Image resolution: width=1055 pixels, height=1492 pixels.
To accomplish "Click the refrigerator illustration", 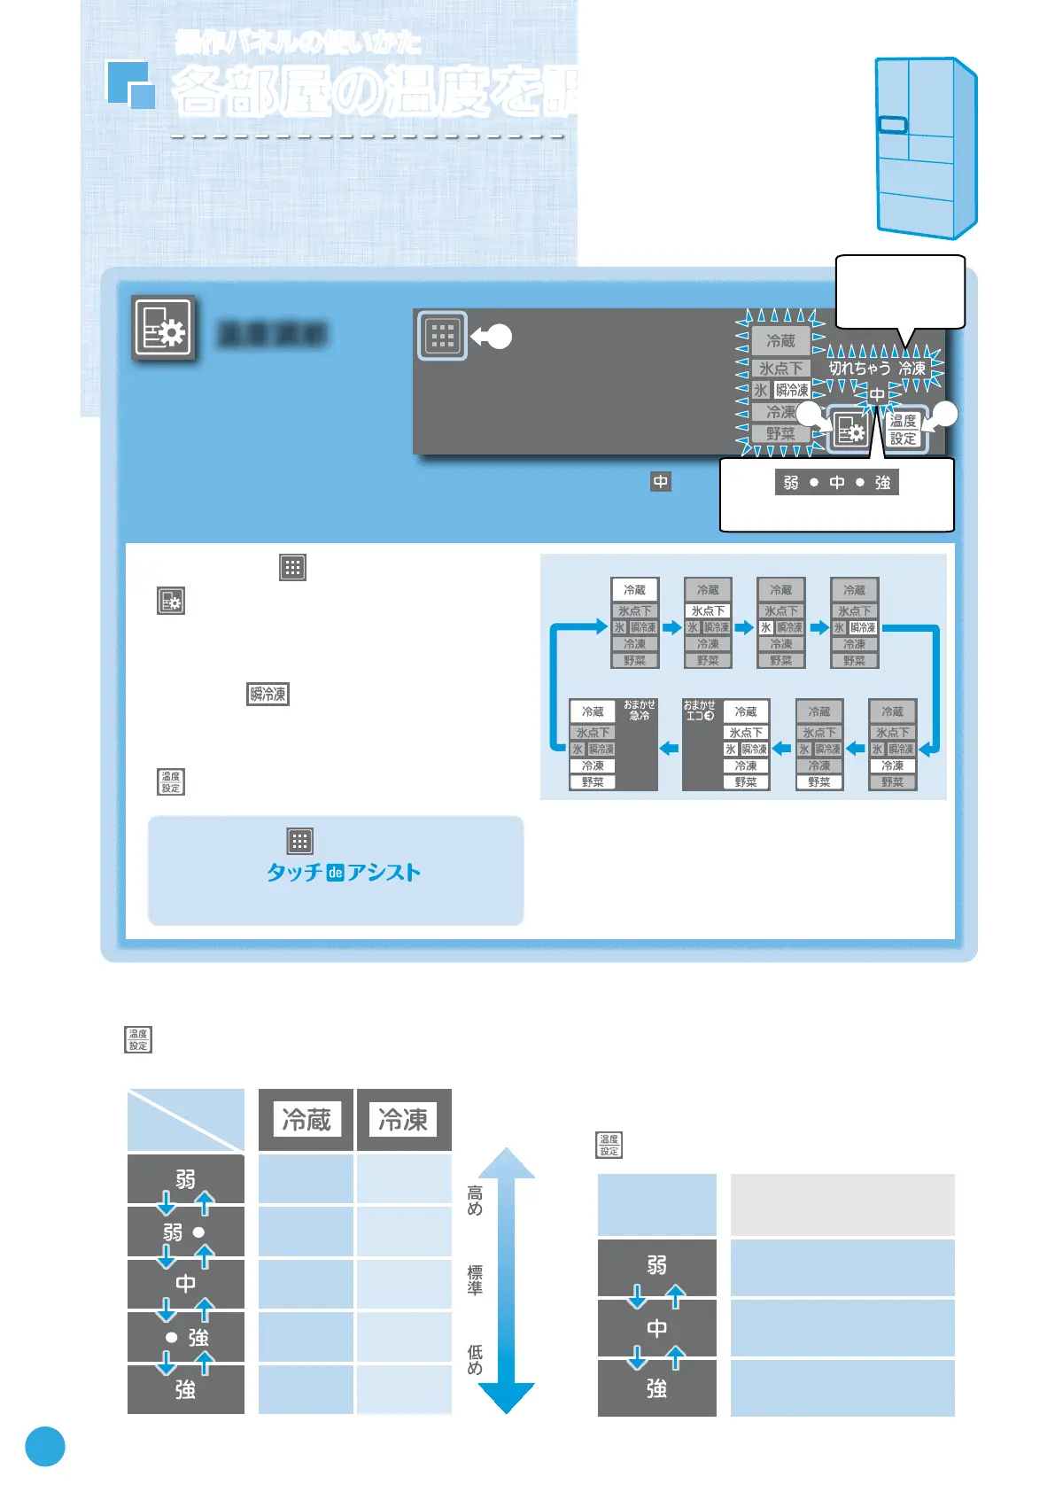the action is [925, 148].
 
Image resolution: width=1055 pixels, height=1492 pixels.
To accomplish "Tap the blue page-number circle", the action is [45, 1446].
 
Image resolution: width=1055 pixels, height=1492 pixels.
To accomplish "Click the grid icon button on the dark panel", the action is [442, 336].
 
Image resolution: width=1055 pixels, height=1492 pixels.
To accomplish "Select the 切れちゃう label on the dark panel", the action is [859, 368].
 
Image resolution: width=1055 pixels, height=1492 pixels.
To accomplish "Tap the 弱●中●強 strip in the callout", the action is [836, 483].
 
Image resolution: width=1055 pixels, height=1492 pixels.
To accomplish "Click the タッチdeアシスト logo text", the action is [344, 873].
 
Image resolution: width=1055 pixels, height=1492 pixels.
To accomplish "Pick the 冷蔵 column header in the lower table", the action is [306, 1120].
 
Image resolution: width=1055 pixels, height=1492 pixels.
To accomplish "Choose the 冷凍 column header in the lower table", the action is [403, 1120].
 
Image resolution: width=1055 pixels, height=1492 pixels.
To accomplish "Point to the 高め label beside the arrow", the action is [475, 1201].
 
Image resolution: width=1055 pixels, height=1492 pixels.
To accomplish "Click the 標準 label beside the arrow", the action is [475, 1280].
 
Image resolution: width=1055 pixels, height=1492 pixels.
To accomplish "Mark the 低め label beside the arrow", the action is [475, 1360].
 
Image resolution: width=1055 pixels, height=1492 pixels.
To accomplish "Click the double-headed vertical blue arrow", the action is [507, 1280].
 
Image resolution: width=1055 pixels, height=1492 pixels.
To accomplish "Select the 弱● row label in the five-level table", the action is [185, 1232].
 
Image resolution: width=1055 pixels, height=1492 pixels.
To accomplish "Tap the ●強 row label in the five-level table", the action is [185, 1337].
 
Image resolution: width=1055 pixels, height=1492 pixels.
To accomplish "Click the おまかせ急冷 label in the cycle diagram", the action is [639, 710].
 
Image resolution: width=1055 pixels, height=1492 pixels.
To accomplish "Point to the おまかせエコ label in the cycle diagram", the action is [699, 710].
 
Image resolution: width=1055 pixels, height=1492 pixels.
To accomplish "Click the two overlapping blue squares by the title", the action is [130, 84].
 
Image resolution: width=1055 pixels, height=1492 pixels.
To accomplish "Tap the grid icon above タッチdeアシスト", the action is [300, 841].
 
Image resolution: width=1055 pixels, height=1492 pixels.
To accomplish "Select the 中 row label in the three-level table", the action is [656, 1328].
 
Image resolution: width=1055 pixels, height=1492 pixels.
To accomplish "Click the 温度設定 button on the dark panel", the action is [904, 430].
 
